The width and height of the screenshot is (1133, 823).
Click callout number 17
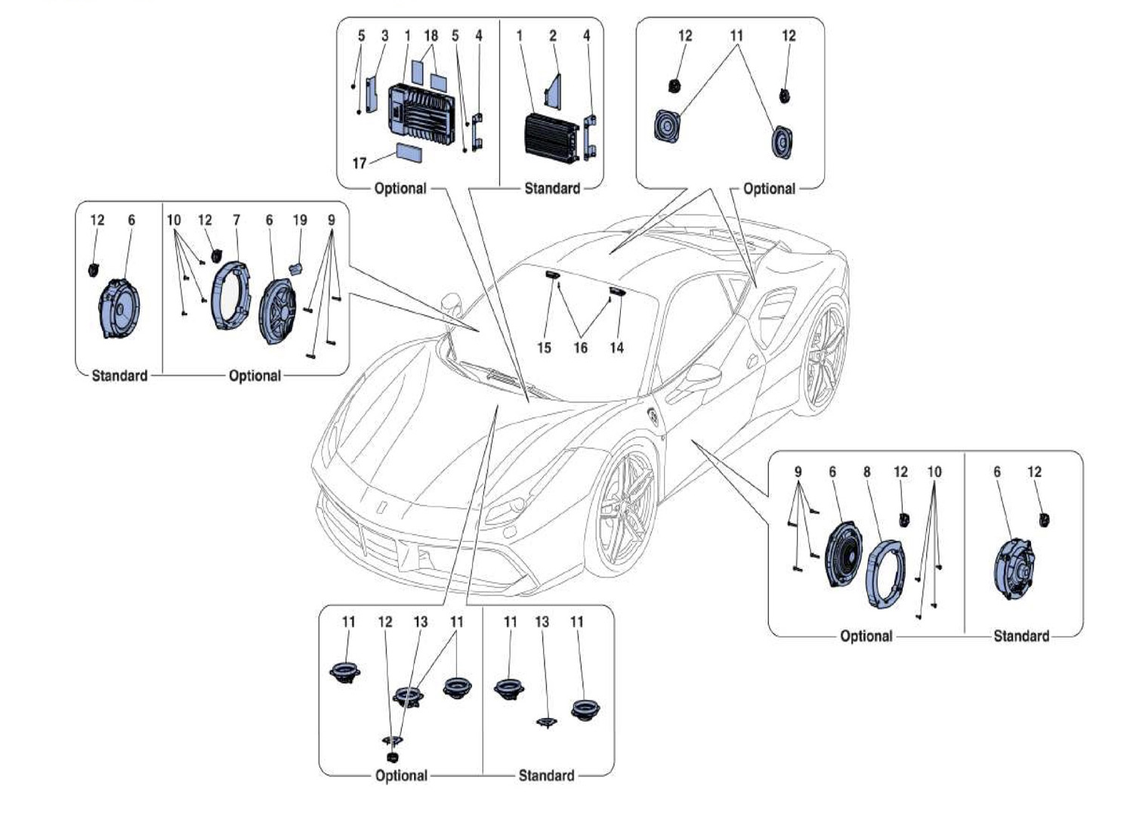pyautogui.click(x=360, y=162)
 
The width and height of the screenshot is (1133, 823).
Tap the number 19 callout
pyautogui.click(x=300, y=220)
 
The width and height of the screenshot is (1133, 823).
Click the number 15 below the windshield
pyautogui.click(x=544, y=348)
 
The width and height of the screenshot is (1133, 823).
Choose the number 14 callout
pyautogui.click(x=617, y=348)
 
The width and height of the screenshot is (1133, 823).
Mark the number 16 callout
pyautogui.click(x=580, y=348)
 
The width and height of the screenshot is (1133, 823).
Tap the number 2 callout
pyautogui.click(x=553, y=36)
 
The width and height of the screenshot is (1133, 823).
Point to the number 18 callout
pyautogui.click(x=431, y=36)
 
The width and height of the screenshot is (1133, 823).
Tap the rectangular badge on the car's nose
pyautogui.click(x=383, y=506)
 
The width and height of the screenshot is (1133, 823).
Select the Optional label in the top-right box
pyautogui.click(x=769, y=188)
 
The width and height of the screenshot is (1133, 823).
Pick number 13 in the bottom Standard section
pyautogui.click(x=542, y=621)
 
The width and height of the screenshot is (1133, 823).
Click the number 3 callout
pyautogui.click(x=384, y=36)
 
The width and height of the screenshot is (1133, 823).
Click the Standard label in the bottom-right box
pyautogui.click(x=1021, y=636)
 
